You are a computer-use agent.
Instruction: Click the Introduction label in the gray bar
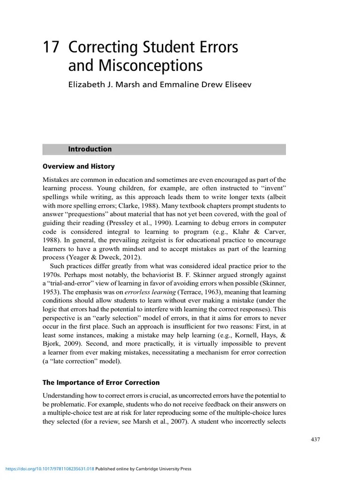click(x=90, y=149)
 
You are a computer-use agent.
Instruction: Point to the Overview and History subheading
click(x=78, y=166)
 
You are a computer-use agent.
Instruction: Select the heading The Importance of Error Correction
click(x=101, y=382)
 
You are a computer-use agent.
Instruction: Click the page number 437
click(x=315, y=439)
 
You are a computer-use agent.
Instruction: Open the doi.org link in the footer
click(x=49, y=469)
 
